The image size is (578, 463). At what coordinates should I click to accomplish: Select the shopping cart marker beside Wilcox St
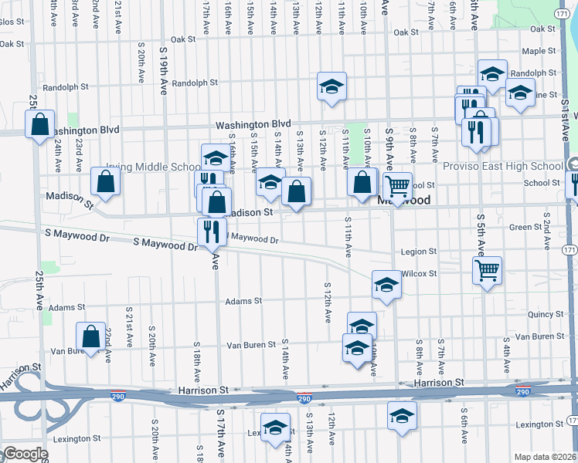click(x=487, y=270)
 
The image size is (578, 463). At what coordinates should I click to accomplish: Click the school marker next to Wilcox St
click(x=386, y=284)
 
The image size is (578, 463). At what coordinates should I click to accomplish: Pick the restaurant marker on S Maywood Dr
click(x=211, y=230)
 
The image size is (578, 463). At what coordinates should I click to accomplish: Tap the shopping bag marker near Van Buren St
click(x=91, y=336)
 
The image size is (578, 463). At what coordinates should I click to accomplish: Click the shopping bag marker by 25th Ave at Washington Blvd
click(x=39, y=123)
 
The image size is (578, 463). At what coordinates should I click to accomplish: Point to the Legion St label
click(x=419, y=252)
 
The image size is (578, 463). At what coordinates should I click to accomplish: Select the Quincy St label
click(x=544, y=315)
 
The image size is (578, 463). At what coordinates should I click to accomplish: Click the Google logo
click(x=24, y=454)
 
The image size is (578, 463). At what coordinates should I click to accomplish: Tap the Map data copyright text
click(x=545, y=457)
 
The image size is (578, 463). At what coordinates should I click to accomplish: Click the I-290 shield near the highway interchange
click(x=304, y=399)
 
